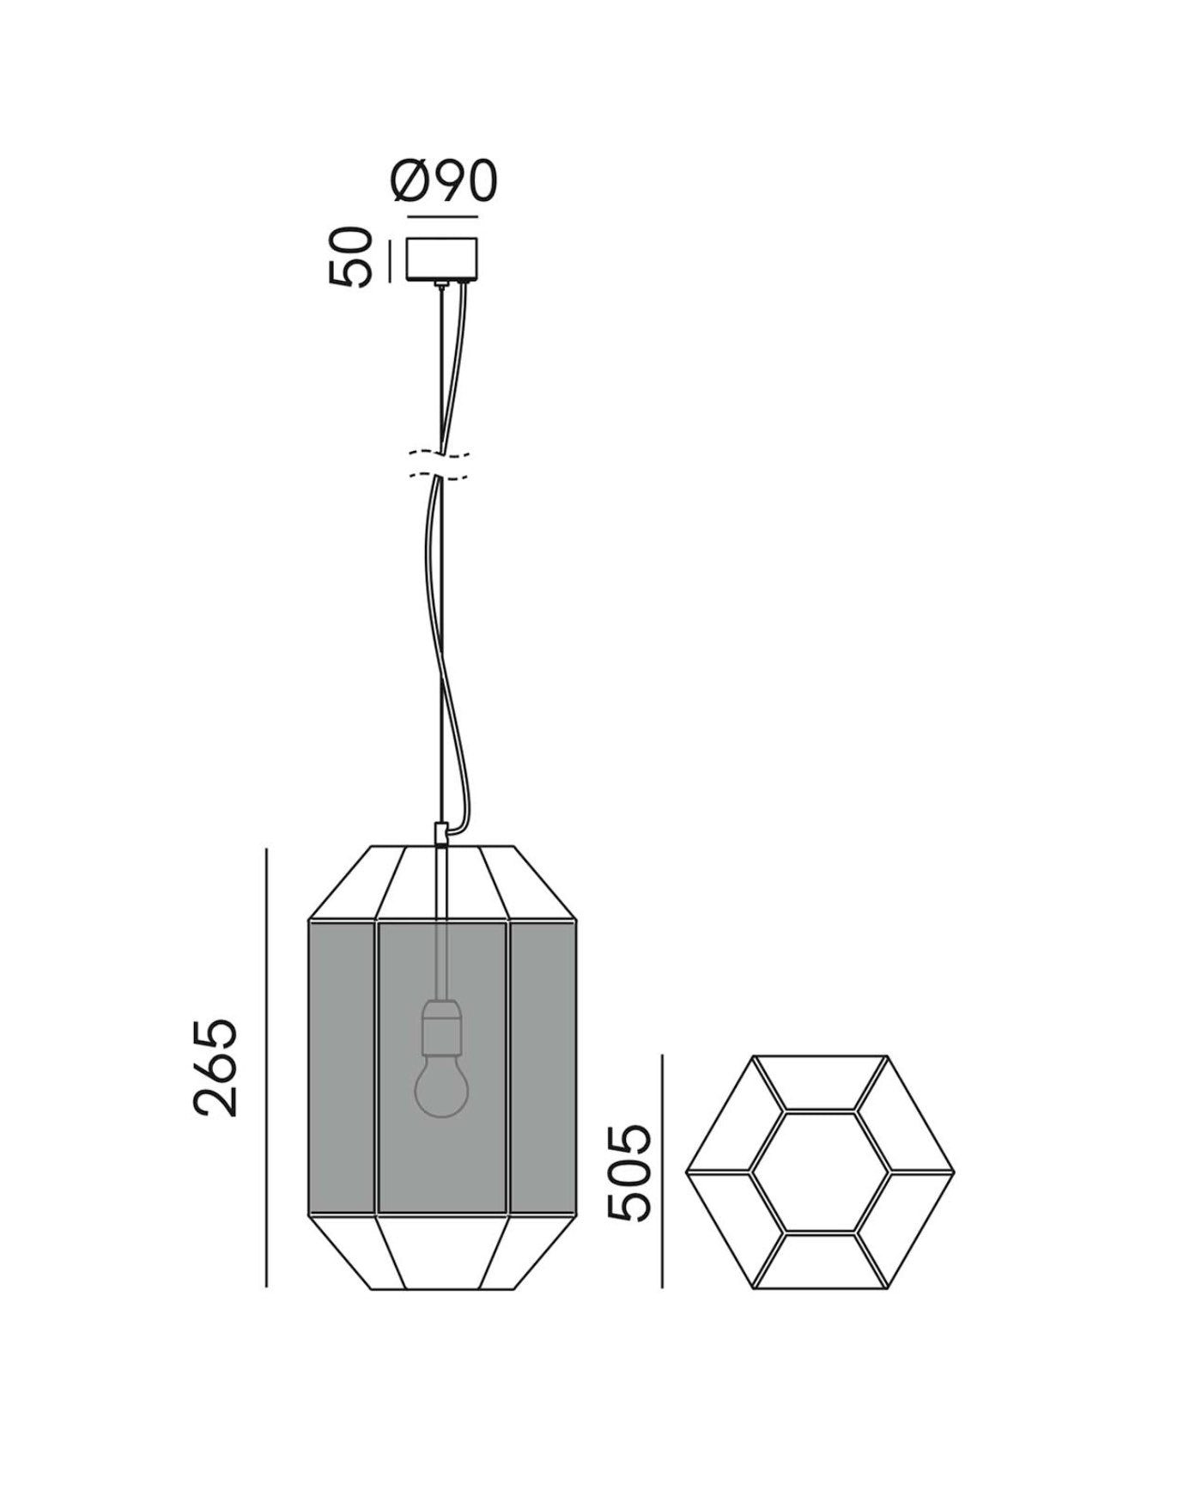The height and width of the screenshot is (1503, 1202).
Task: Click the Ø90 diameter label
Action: point(444,181)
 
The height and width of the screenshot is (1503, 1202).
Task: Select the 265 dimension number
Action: point(216,1068)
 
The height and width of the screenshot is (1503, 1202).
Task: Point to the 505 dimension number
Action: point(628,1172)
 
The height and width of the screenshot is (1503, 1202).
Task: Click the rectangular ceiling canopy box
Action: point(443,259)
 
